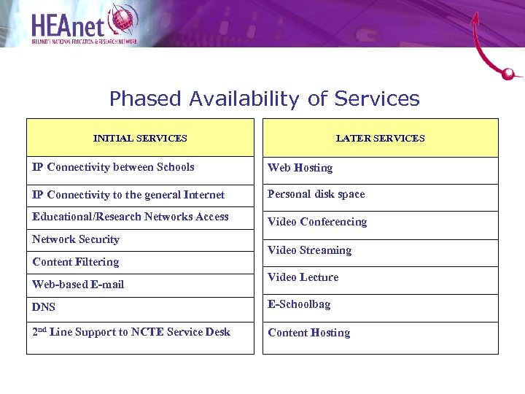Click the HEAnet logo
click(x=84, y=25)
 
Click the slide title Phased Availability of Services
click(x=264, y=98)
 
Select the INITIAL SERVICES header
click(x=140, y=138)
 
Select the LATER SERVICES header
click(x=380, y=138)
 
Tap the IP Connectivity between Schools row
click(x=113, y=167)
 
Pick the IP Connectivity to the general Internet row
click(x=128, y=195)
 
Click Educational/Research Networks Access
click(x=131, y=217)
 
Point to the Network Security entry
click(x=76, y=239)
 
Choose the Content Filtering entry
click(x=76, y=262)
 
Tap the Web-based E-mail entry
click(x=78, y=285)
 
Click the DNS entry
click(x=44, y=307)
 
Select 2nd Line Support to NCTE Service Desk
click(x=131, y=332)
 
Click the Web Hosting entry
click(x=300, y=168)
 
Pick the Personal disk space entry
click(x=316, y=194)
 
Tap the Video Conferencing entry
click(x=317, y=222)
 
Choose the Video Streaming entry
click(x=309, y=250)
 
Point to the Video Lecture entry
click(x=303, y=277)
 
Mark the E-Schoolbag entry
click(x=299, y=304)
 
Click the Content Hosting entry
click(x=308, y=333)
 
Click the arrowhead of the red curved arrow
click(x=476, y=18)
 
